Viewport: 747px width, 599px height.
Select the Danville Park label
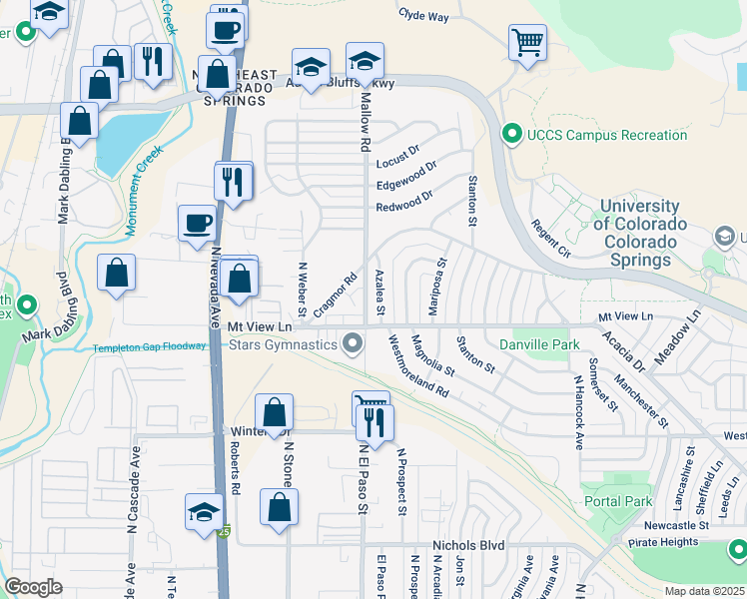point(539,344)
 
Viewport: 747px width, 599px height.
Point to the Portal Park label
point(617,502)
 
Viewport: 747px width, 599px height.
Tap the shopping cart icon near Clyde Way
point(527,43)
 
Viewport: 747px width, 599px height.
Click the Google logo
point(33,587)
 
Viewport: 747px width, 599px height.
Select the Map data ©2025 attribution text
point(704,591)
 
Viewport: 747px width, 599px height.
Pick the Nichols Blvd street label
point(467,546)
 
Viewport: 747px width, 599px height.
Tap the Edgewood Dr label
point(405,185)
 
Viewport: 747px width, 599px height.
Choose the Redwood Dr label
point(403,207)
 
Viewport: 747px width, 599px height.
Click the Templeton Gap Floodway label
point(149,347)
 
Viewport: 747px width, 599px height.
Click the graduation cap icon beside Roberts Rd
point(204,512)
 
